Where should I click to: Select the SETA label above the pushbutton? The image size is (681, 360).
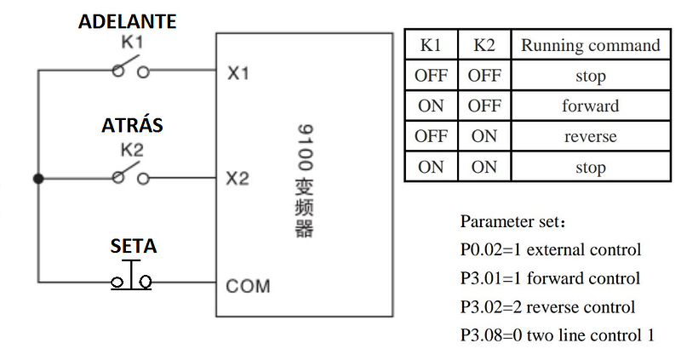pos(133,247)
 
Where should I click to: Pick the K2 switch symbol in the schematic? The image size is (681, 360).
pos(131,175)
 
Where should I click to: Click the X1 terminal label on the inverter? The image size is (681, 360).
pos(238,74)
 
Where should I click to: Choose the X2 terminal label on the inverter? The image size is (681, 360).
pos(238,179)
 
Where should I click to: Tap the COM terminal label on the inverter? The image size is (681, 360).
pos(248,285)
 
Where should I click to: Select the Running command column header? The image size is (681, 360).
pos(590,45)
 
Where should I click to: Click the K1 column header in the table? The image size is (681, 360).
pos(431,45)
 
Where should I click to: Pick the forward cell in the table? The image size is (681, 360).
pos(590,106)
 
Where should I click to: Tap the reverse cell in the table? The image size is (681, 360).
pos(590,137)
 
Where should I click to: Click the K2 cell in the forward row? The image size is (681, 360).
pos(484,106)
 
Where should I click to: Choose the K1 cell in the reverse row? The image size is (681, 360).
pos(431,137)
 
